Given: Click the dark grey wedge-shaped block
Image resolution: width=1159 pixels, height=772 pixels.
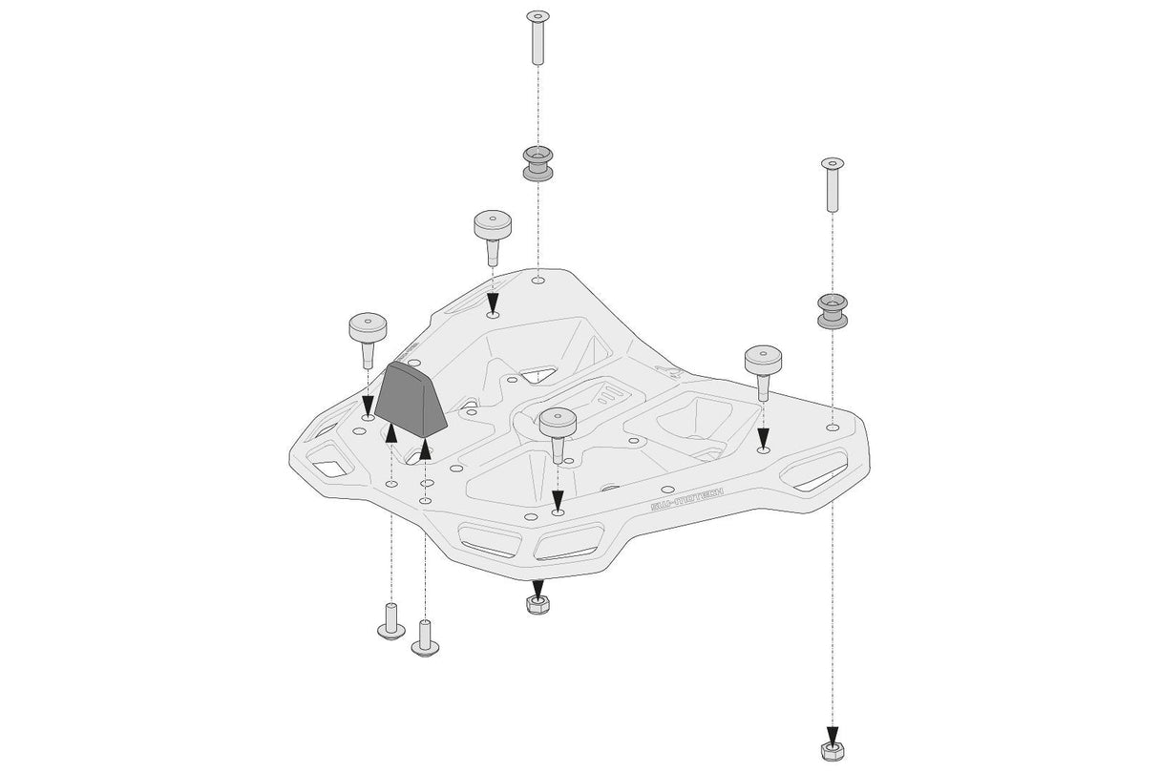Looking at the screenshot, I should coord(411,402).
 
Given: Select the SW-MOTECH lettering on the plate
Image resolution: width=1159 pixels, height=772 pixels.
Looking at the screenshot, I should coord(686,496).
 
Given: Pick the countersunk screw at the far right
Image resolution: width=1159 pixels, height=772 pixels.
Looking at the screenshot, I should coord(832,185).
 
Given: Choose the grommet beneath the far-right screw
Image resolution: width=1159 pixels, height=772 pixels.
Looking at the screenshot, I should coord(832,311).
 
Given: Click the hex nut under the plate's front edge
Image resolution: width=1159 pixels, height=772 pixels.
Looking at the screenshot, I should coord(537,603).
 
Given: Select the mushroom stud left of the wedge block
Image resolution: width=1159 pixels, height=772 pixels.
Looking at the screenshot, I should coord(369,335).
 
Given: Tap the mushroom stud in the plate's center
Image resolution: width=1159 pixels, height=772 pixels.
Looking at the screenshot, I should coord(557,427).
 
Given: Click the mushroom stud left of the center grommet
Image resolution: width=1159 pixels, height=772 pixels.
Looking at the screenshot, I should coord(493,233).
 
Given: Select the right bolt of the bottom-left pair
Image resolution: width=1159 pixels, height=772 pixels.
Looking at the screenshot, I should coord(425,637).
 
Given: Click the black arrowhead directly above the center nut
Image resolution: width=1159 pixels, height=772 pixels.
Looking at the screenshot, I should coord(537,587).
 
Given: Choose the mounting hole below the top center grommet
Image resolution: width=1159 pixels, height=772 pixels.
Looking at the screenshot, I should coord(538,281).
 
